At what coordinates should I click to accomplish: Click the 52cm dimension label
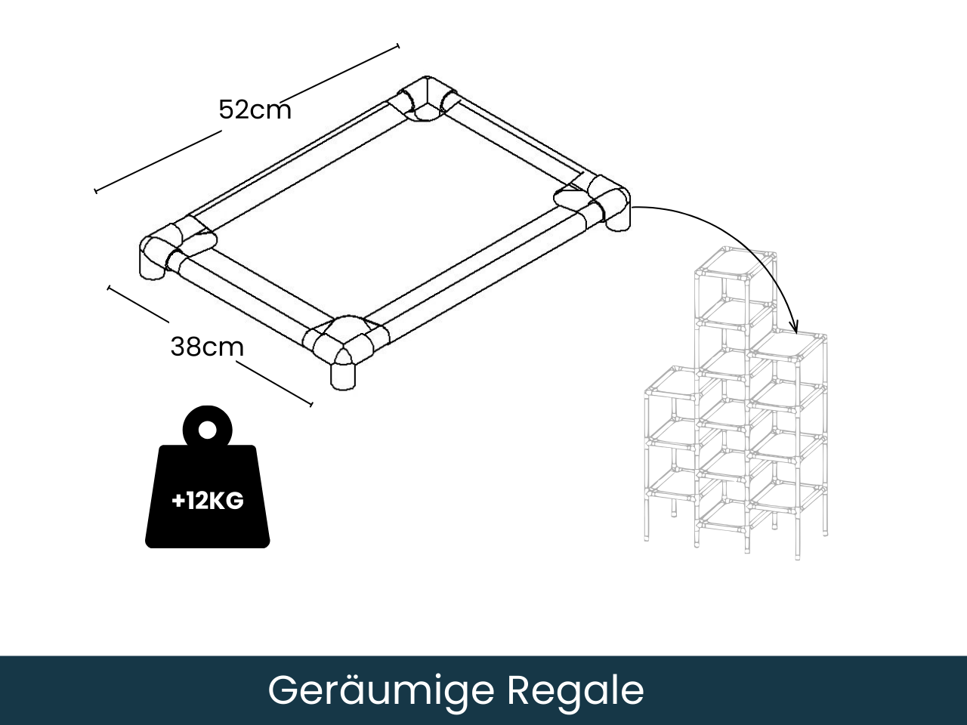click(255, 110)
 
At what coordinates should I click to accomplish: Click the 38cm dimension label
click(207, 347)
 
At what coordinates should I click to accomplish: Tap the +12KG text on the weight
click(208, 500)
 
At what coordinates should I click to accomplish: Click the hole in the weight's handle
click(207, 430)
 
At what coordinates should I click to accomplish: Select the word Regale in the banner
click(575, 690)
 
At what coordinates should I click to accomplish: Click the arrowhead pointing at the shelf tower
click(794, 327)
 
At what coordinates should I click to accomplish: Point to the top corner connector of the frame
click(428, 100)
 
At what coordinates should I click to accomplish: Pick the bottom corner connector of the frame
click(344, 344)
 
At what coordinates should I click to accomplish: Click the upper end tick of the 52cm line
click(397, 47)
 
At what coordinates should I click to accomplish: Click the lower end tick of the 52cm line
click(96, 190)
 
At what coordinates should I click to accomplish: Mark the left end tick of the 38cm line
click(110, 288)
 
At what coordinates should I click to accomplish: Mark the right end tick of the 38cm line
click(310, 403)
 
